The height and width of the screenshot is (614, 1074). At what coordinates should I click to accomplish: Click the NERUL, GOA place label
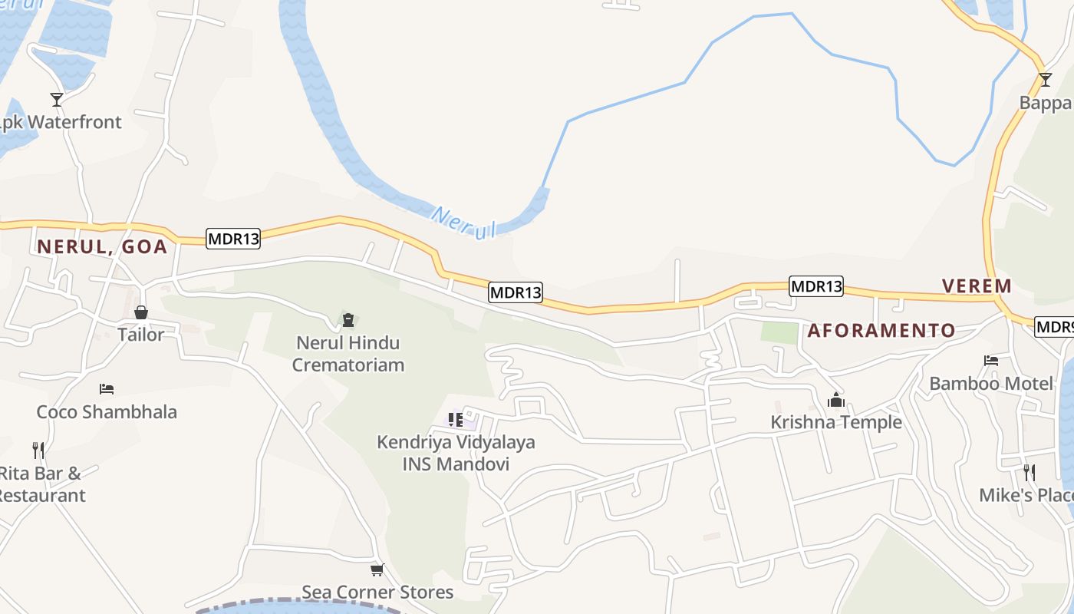point(102,246)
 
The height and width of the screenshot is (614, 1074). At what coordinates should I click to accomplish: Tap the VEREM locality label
point(977,286)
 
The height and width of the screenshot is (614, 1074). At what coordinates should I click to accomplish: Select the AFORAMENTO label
point(881,331)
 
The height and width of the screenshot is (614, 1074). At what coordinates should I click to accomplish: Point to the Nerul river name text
point(463,223)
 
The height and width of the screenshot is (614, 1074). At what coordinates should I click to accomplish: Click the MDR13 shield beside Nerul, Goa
point(233,239)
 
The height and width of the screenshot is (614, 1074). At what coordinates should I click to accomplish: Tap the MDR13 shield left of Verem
point(816,287)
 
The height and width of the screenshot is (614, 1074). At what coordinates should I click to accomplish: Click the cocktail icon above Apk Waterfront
point(57,100)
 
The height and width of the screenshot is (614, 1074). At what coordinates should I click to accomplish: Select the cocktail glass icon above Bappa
point(1045,80)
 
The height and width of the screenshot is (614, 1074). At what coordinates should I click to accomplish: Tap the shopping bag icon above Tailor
point(141,312)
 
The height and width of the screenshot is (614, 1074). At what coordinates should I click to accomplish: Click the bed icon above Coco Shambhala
point(107,389)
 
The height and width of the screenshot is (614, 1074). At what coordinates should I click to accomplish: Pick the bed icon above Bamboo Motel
point(991,361)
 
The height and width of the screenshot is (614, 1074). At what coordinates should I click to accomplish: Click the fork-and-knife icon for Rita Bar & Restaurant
point(38,450)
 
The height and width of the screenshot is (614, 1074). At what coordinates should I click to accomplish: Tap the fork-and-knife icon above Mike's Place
point(1029,472)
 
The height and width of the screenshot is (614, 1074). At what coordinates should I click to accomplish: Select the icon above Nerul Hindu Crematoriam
point(348,319)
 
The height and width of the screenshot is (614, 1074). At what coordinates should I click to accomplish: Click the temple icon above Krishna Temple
point(836,400)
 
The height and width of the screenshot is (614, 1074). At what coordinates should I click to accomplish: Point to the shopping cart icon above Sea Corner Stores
point(377,569)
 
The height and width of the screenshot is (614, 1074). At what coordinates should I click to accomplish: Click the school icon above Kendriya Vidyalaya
point(456,420)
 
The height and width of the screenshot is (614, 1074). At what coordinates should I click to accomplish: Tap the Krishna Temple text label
point(836,423)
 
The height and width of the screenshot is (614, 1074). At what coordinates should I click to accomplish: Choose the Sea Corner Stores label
point(377,593)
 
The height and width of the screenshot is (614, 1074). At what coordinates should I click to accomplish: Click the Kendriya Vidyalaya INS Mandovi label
point(456,453)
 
